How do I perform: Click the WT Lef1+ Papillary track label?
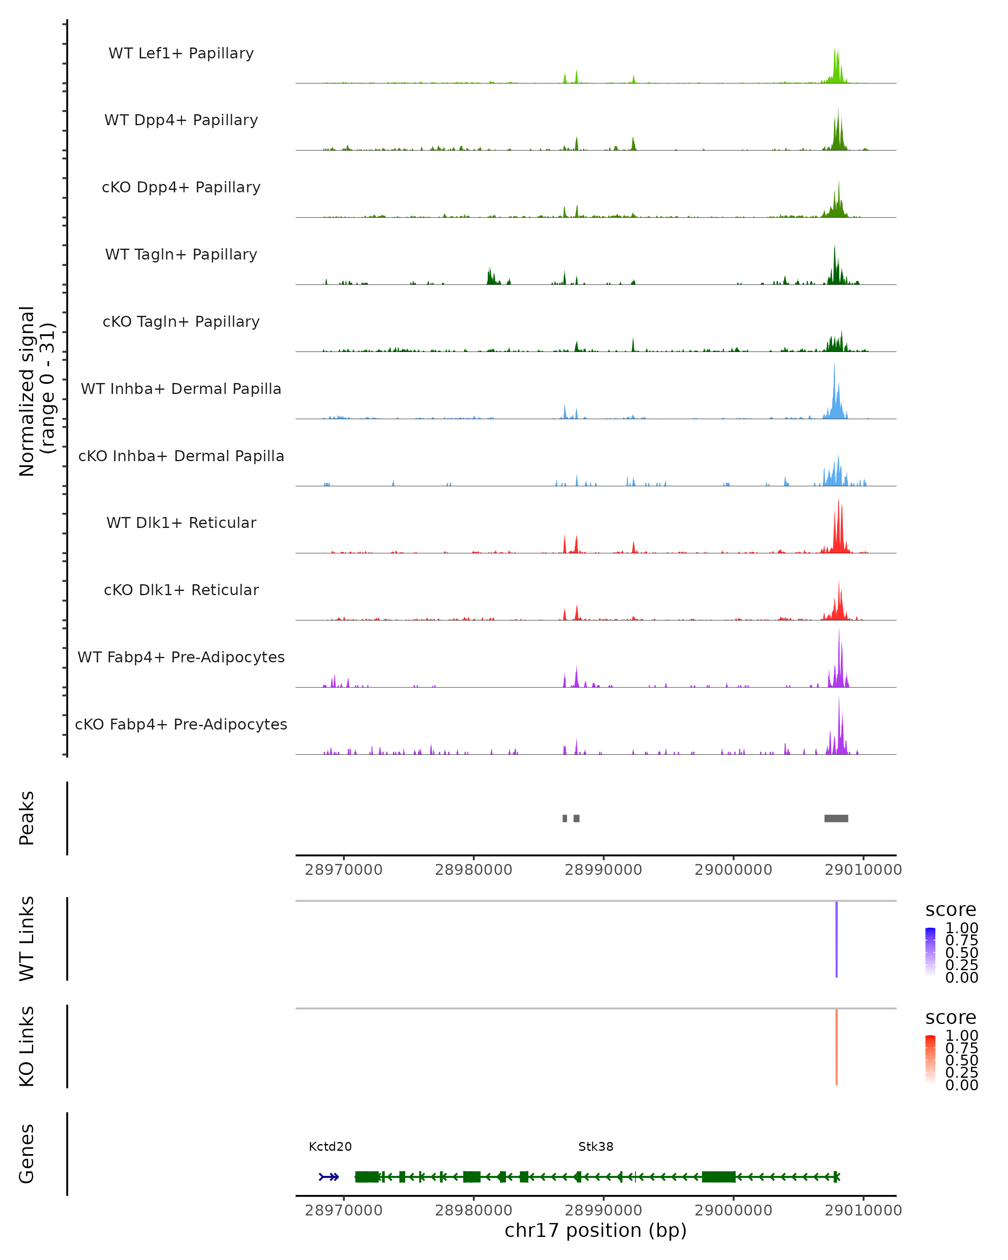(x=181, y=53)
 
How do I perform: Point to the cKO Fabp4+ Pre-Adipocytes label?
(x=181, y=724)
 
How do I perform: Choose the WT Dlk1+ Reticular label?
(x=181, y=522)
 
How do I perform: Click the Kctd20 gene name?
(x=330, y=1147)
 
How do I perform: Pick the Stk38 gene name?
(x=596, y=1147)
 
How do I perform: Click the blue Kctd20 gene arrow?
(x=329, y=1177)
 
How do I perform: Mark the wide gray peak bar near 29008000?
(x=836, y=818)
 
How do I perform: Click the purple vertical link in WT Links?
(x=836, y=939)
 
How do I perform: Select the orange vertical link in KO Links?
(x=836, y=1047)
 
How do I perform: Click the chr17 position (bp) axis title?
(x=596, y=1230)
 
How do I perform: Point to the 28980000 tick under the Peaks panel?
(x=473, y=870)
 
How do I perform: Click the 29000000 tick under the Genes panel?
(x=733, y=1210)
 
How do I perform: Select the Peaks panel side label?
(x=27, y=818)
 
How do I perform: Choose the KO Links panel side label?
(x=27, y=1046)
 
